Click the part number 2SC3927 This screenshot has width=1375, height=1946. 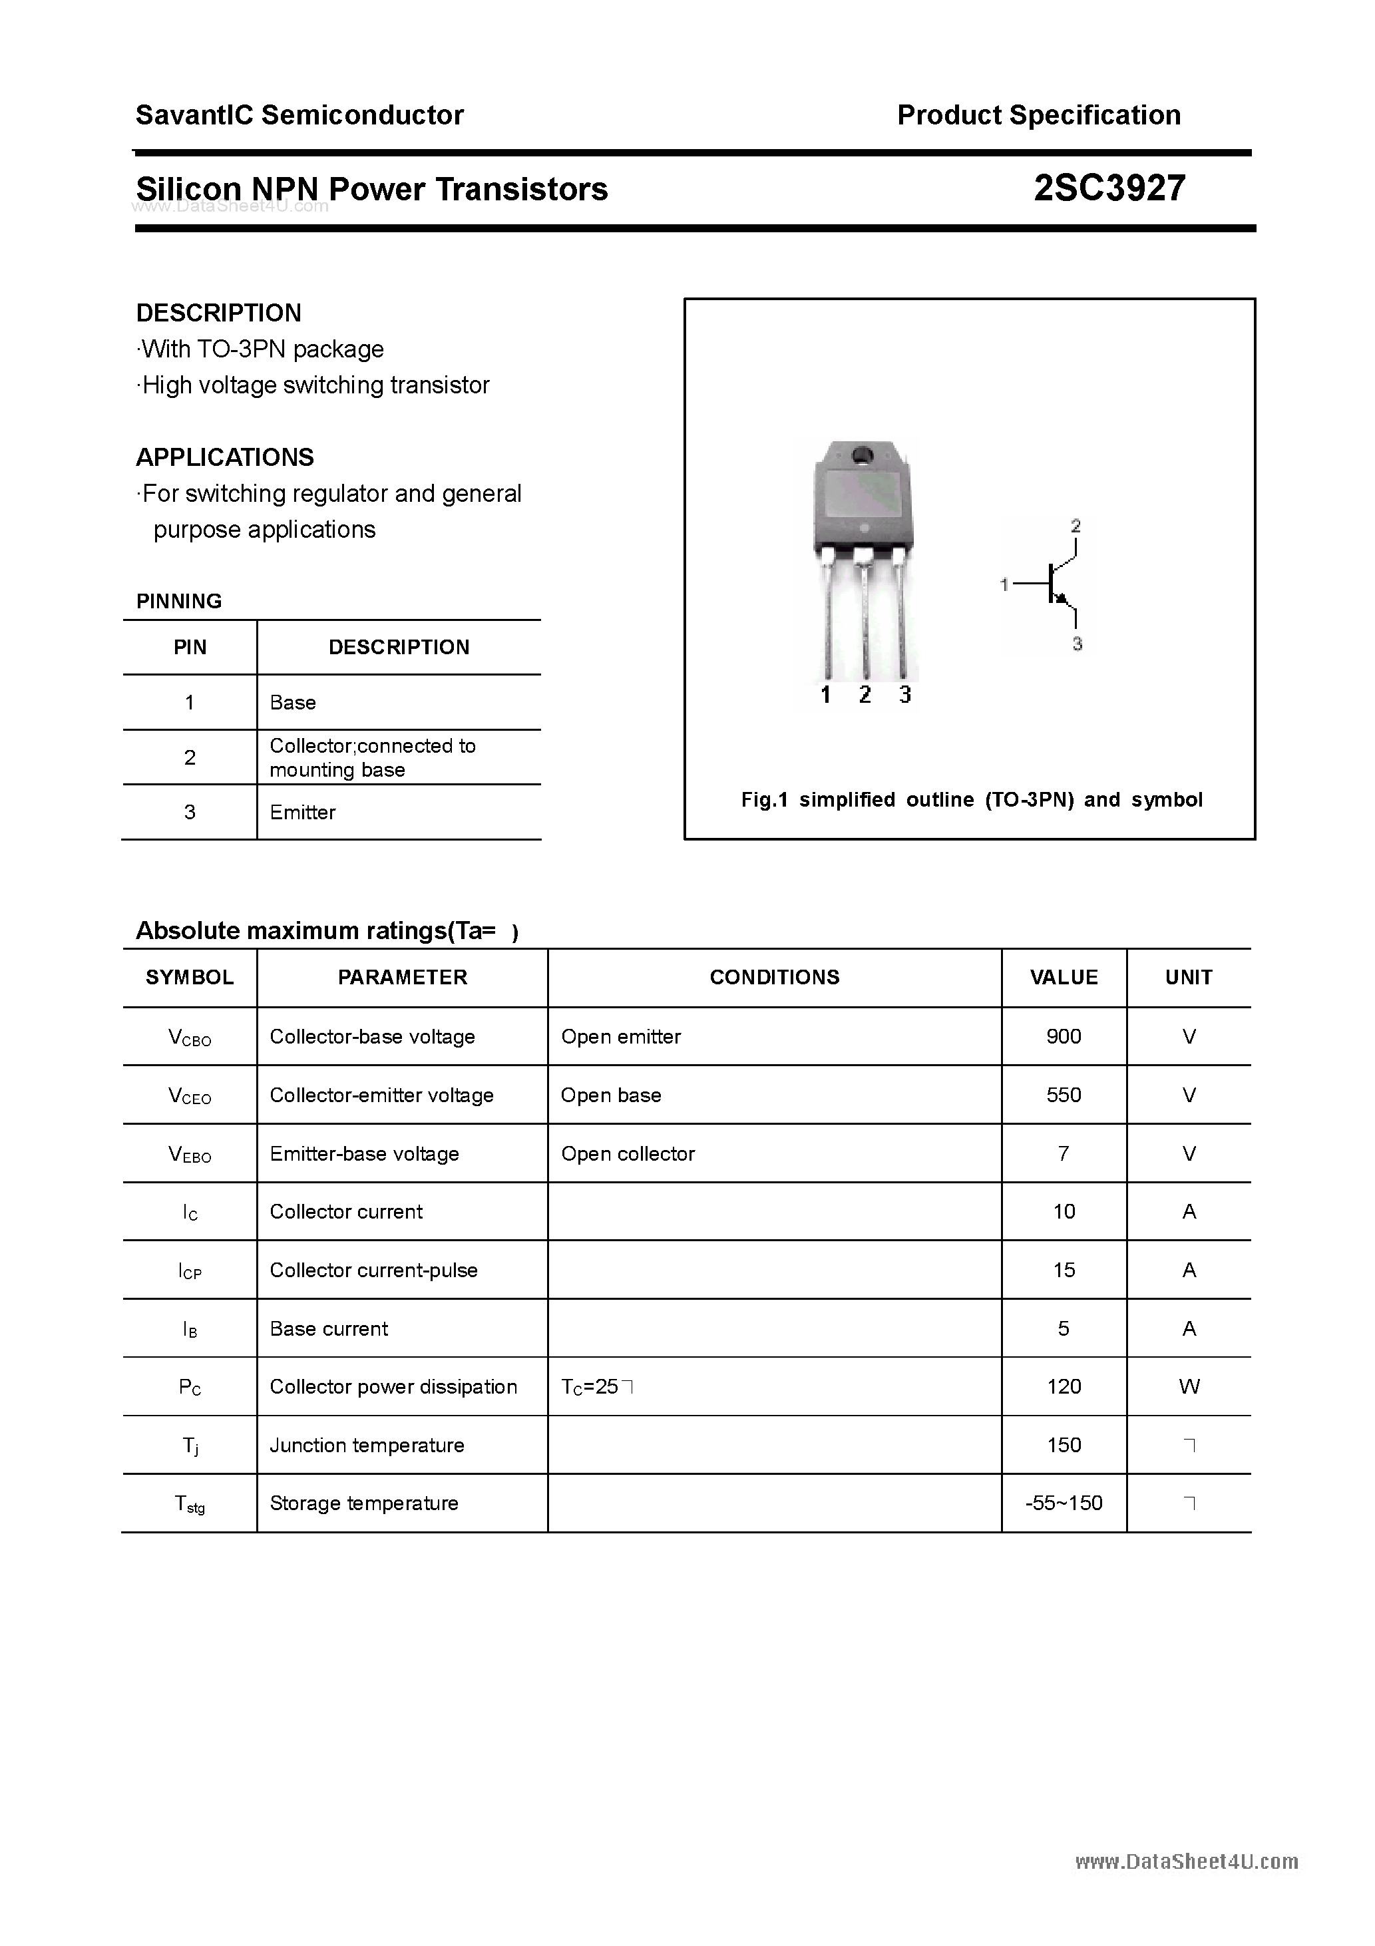pyautogui.click(x=1109, y=188)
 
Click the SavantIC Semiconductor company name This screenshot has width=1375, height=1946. pyautogui.click(x=299, y=114)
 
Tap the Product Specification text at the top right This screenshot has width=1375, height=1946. pyautogui.click(x=1038, y=114)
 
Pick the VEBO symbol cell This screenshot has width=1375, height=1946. pyautogui.click(x=190, y=1153)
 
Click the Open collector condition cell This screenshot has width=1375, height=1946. pyautogui.click(x=628, y=1153)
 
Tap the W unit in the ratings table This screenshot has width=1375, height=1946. pyautogui.click(x=1189, y=1386)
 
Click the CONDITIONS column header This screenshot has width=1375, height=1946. pyautogui.click(x=774, y=977)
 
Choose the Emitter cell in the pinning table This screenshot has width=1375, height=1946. pyautogui.click(x=303, y=812)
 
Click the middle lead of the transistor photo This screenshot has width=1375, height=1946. pyautogui.click(x=864, y=619)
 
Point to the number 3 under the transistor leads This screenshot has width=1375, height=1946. pyautogui.click(x=904, y=695)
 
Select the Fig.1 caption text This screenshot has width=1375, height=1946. pyautogui.click(x=970, y=799)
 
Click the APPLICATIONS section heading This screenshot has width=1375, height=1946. pyautogui.click(x=225, y=458)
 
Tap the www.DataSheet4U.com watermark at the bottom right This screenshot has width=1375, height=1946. pyautogui.click(x=1186, y=1861)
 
